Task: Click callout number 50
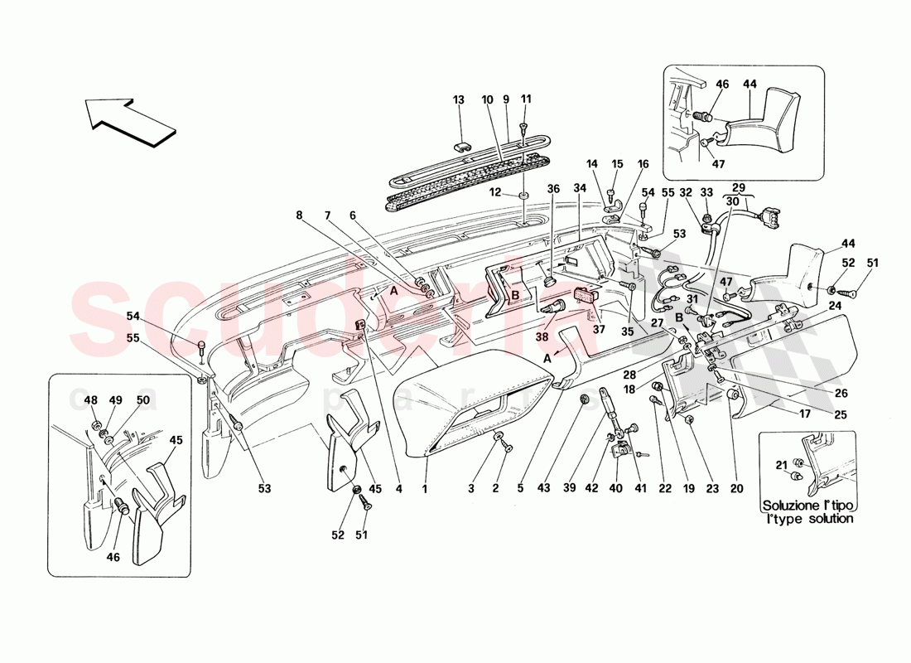coord(142,400)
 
